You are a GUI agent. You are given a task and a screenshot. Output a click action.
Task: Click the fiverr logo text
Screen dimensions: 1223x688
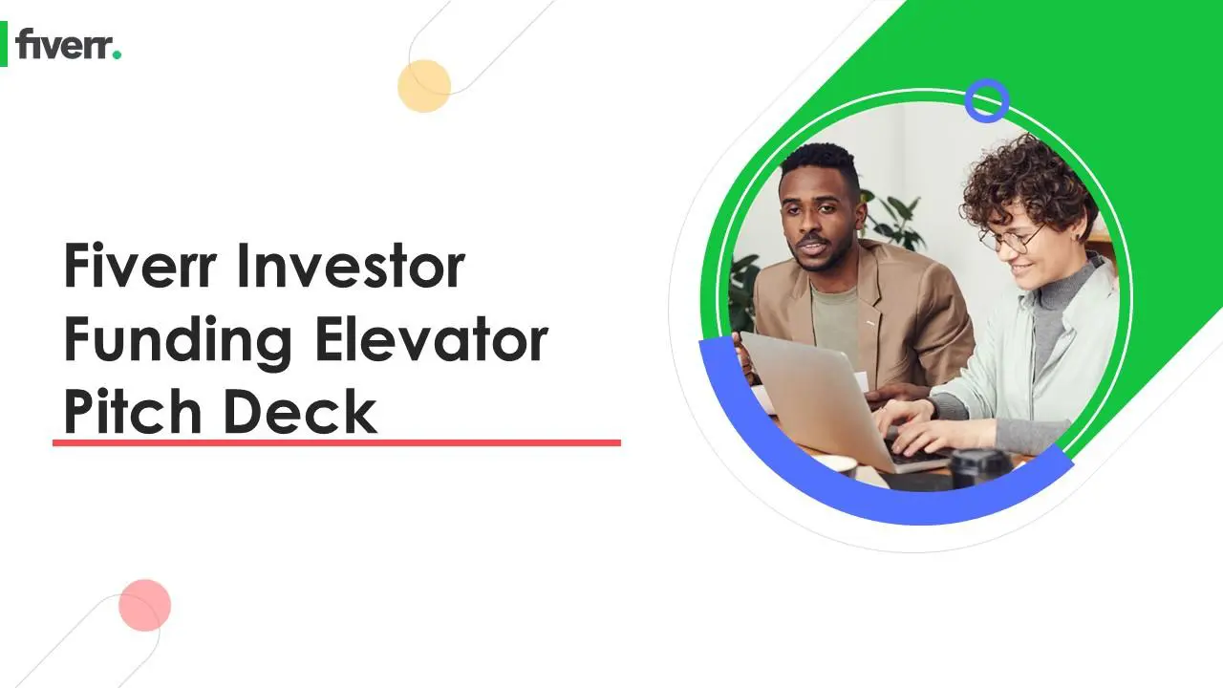pyautogui.click(x=63, y=44)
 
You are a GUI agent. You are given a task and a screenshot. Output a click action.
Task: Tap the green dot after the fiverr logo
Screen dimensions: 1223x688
pyautogui.click(x=117, y=54)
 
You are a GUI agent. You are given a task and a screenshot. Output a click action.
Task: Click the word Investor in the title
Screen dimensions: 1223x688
pyautogui.click(x=351, y=266)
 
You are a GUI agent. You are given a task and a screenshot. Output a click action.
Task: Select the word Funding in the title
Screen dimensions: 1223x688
pyautogui.click(x=178, y=342)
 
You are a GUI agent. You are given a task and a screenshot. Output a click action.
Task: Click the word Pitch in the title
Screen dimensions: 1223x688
pyautogui.click(x=133, y=412)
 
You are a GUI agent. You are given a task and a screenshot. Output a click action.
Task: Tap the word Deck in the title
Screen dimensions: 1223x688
pyautogui.click(x=300, y=412)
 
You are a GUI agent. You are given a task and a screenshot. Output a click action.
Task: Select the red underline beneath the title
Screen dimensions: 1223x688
pyautogui.click(x=336, y=442)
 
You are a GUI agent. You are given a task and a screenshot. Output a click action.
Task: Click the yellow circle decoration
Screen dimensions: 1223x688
pyautogui.click(x=424, y=86)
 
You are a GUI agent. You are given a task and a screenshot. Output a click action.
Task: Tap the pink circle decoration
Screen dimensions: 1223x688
pyautogui.click(x=144, y=605)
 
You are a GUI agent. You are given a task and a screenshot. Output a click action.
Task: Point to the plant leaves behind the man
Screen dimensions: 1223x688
pyautogui.click(x=891, y=219)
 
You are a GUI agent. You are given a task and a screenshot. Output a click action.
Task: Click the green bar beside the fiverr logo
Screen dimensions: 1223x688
pyautogui.click(x=4, y=44)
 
